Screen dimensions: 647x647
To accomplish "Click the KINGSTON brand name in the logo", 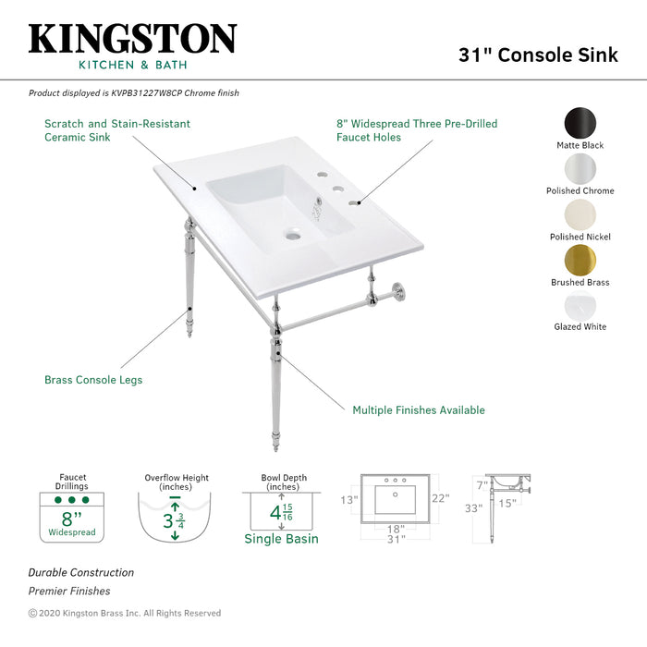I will click(x=132, y=39).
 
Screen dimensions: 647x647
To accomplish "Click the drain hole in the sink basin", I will click(x=292, y=237).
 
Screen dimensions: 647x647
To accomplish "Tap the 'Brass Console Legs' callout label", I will click(x=93, y=380).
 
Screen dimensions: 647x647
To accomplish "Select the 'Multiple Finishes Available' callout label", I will click(x=418, y=410).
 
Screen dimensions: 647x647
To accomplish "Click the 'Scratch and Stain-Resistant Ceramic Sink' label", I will click(x=117, y=130).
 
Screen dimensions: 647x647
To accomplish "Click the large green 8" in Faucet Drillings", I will click(x=71, y=519).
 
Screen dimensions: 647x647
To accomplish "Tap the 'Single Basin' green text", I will click(x=281, y=539).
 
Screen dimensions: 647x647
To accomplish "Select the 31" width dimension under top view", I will click(x=396, y=540).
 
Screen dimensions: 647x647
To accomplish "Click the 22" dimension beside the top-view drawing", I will click(x=439, y=499).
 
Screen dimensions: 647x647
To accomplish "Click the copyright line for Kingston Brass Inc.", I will click(x=125, y=613).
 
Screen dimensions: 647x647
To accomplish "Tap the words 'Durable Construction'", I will click(x=81, y=572).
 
